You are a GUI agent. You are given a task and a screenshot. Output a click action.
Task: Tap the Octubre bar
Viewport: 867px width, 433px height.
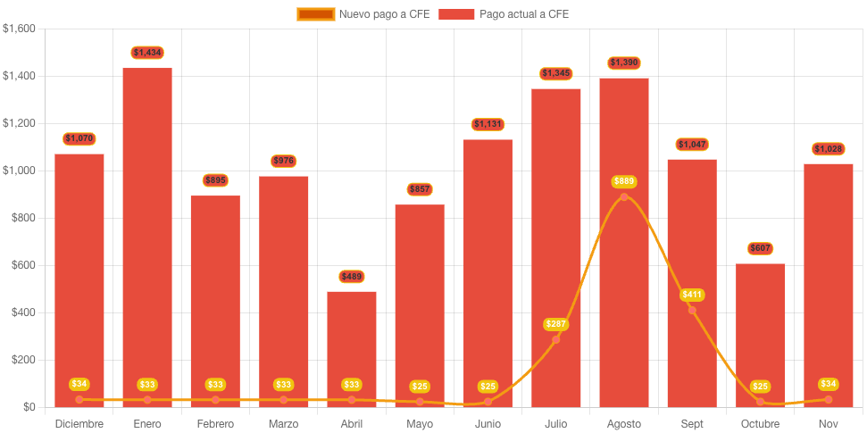pyautogui.click(x=760, y=330)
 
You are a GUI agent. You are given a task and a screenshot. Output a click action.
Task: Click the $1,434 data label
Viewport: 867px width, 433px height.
pyautogui.click(x=147, y=53)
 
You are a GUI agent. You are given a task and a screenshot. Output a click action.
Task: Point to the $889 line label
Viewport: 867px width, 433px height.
pyautogui.click(x=624, y=181)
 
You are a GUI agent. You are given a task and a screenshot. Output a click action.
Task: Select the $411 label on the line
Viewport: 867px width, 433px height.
pyautogui.click(x=692, y=295)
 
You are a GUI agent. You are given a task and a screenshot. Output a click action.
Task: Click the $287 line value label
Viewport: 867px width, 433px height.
pyautogui.click(x=555, y=324)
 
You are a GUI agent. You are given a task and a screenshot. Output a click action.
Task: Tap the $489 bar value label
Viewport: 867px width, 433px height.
pyautogui.click(x=351, y=277)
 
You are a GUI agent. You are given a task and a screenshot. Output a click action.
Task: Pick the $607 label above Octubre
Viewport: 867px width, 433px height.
pyautogui.click(x=760, y=248)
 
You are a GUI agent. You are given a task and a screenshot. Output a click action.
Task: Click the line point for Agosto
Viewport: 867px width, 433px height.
pyautogui.click(x=624, y=197)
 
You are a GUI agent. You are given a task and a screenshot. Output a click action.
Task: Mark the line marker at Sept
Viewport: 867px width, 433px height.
pyautogui.click(x=692, y=311)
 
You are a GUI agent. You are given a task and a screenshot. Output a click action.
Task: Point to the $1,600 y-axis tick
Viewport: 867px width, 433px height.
pyautogui.click(x=19, y=29)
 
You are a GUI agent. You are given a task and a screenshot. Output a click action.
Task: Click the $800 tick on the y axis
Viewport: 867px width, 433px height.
pyautogui.click(x=21, y=218)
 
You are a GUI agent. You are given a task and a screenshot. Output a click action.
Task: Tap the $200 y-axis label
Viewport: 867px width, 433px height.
pyautogui.click(x=21, y=360)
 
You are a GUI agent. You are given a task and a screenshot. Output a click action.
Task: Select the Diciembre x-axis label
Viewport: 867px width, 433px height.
pyautogui.click(x=79, y=423)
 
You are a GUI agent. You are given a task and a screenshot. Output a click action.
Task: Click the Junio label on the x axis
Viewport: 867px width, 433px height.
pyautogui.click(x=488, y=423)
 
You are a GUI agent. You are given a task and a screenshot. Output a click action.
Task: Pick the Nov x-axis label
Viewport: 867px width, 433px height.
pyautogui.click(x=829, y=423)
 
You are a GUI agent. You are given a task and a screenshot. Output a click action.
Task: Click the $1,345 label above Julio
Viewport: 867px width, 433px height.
pyautogui.click(x=555, y=73)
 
